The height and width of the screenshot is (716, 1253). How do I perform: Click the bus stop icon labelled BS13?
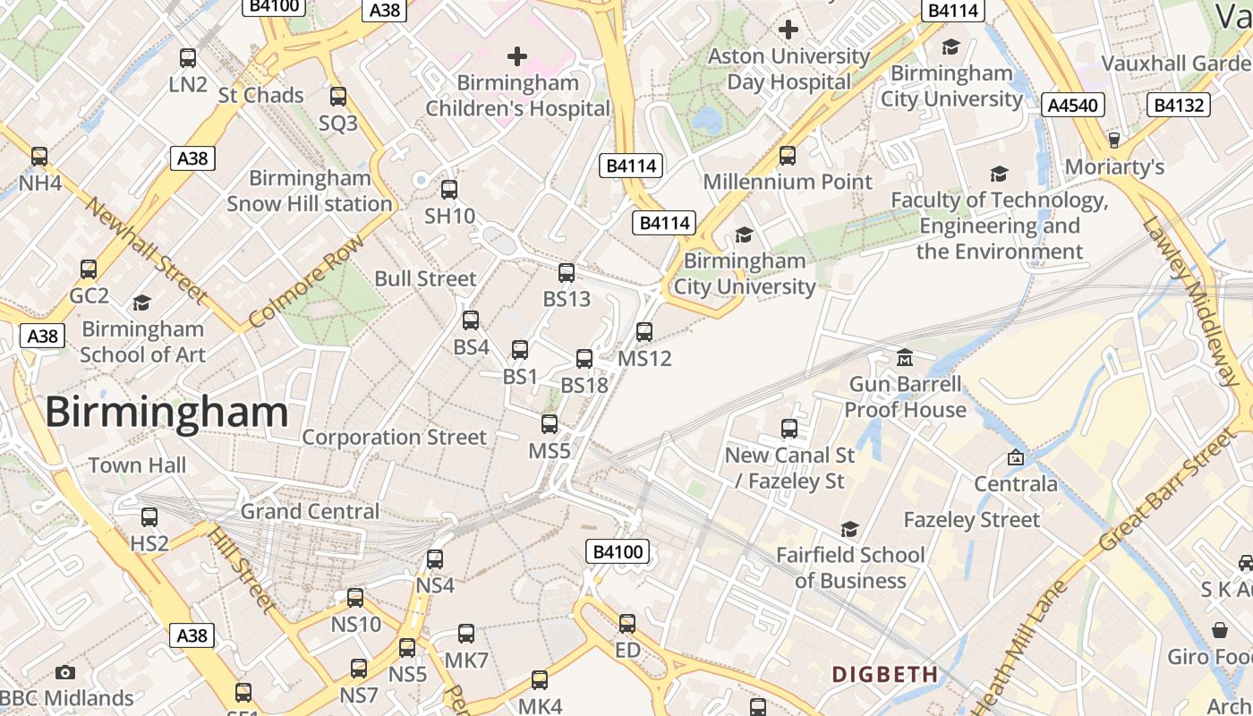pyautogui.click(x=567, y=273)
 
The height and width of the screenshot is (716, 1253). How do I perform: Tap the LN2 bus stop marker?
pyautogui.click(x=188, y=58)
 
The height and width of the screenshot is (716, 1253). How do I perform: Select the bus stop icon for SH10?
pyautogui.click(x=449, y=190)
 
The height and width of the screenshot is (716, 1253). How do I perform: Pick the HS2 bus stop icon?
pyautogui.click(x=149, y=517)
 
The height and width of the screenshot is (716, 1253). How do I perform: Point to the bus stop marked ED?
pyautogui.click(x=627, y=624)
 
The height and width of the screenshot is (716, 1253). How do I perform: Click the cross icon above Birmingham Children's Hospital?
pyautogui.click(x=517, y=56)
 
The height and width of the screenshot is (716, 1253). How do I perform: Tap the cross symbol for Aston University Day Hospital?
pyautogui.click(x=788, y=30)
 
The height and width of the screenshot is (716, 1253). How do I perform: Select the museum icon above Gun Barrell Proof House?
pyautogui.click(x=905, y=358)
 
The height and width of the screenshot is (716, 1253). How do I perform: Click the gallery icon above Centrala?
pyautogui.click(x=1016, y=457)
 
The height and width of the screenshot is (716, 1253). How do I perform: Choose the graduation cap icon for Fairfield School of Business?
pyautogui.click(x=849, y=529)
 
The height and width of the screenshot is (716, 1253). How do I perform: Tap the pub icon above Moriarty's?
pyautogui.click(x=1114, y=141)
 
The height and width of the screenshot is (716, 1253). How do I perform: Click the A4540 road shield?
pyautogui.click(x=1073, y=106)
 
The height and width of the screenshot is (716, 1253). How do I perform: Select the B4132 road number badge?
pyautogui.click(x=1179, y=106)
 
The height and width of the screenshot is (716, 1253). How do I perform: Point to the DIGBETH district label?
pyautogui.click(x=885, y=674)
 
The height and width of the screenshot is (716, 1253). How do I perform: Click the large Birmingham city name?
pyautogui.click(x=166, y=413)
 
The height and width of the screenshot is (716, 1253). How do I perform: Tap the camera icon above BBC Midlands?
pyautogui.click(x=65, y=672)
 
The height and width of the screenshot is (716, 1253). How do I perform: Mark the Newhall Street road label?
pyautogui.click(x=148, y=251)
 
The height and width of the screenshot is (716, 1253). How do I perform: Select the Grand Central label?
pyautogui.click(x=310, y=512)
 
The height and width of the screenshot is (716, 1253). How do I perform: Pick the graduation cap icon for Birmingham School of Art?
pyautogui.click(x=141, y=303)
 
